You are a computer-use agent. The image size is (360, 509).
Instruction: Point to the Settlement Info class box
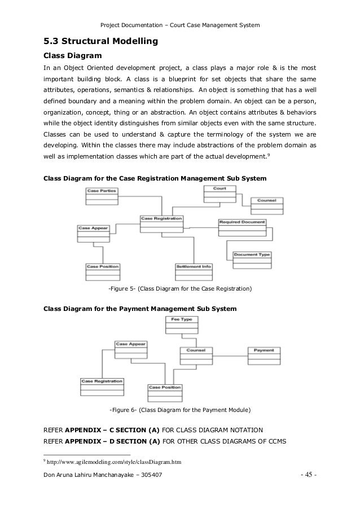pos(194,271)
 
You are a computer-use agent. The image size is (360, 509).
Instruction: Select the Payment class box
pos(264,356)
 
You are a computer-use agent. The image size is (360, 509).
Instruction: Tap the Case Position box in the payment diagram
pos(165,393)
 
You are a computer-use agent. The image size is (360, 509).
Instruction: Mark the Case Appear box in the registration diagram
pos(93,234)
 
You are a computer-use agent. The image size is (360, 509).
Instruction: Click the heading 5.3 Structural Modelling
pos(100,41)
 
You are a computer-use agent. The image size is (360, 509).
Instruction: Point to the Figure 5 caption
pos(180,289)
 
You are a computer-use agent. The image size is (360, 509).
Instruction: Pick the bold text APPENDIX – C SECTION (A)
pos(113,428)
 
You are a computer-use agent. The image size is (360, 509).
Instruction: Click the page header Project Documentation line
pos(179,25)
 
